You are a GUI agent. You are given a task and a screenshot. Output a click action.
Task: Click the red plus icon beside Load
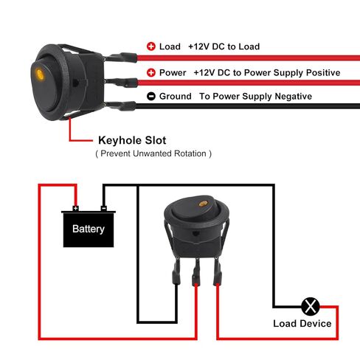coord(151,46)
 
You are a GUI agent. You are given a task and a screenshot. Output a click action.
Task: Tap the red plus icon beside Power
coord(151,72)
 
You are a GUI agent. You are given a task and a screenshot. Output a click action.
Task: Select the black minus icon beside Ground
coord(151,96)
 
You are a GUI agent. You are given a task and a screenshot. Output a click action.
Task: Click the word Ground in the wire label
coord(176,96)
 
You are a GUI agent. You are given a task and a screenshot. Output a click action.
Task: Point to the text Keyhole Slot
coord(132,140)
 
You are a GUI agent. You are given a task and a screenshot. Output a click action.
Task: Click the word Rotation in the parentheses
coord(190,153)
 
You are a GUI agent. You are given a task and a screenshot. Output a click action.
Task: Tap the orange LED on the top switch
coord(40,74)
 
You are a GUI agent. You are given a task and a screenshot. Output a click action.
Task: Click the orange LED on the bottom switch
coord(203,204)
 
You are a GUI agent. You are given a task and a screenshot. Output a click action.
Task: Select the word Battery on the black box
coord(89,229)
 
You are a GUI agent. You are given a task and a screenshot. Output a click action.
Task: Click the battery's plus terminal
coord(75,209)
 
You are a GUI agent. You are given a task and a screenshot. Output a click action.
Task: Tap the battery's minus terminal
coord(104,209)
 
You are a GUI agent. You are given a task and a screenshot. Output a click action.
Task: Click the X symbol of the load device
coord(311,306)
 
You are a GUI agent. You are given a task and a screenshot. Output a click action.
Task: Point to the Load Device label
coord(302,324)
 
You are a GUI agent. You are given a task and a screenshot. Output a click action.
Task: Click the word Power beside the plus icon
coord(173,72)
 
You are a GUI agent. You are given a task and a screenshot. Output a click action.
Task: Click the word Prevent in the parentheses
coord(116,153)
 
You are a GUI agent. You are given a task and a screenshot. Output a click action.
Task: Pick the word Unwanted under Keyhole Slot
coord(152,153)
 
